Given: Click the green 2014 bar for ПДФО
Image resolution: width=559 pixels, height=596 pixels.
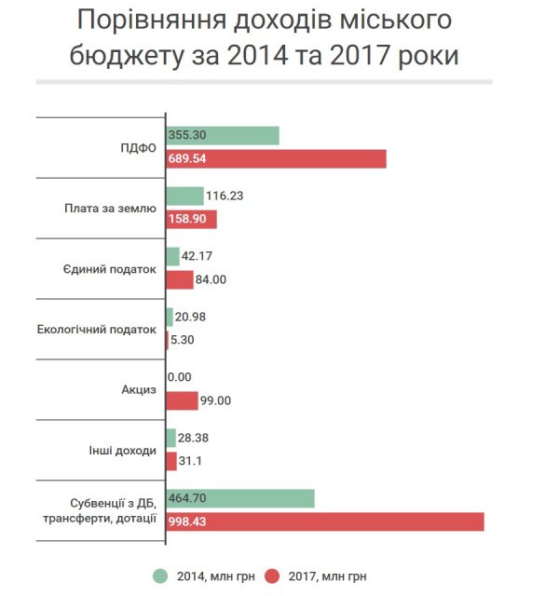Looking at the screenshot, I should click(223, 135).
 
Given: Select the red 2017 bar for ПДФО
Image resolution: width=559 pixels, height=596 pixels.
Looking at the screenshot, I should click(276, 159).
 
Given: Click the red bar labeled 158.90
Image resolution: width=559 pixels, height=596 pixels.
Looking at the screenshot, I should click(191, 220).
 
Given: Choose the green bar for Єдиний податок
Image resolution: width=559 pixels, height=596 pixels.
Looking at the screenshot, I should click(172, 256).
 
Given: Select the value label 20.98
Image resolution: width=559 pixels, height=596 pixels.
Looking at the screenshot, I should click(190, 317).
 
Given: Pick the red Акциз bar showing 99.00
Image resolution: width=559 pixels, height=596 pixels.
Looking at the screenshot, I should click(182, 400).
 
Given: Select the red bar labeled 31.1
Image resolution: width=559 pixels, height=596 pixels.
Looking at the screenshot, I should click(171, 461).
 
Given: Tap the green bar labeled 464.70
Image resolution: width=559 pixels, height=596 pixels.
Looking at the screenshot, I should click(240, 498).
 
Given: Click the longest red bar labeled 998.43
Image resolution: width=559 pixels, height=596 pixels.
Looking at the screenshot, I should click(325, 521).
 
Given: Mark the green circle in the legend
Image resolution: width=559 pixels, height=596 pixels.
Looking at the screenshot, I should click(159, 576).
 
